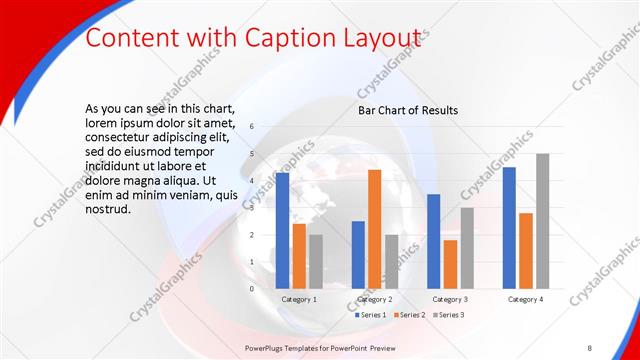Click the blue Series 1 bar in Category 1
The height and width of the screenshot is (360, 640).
[x=282, y=231]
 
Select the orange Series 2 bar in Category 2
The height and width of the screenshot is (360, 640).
[x=374, y=229]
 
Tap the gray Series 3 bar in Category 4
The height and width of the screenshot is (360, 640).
[x=542, y=221]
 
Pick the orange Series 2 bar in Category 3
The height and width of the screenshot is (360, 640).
[x=450, y=264]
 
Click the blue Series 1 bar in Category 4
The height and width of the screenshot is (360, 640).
[x=509, y=228]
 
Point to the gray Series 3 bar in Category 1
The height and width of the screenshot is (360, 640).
[x=315, y=262]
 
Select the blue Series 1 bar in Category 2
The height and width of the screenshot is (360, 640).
[x=358, y=255]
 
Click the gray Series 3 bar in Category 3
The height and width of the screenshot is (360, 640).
[x=466, y=248]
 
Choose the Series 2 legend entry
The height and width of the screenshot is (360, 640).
[x=410, y=315]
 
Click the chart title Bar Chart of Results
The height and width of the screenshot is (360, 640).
[x=408, y=110]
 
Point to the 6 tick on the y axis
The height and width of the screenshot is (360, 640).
[x=251, y=127]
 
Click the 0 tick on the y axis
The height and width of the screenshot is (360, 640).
[x=251, y=289]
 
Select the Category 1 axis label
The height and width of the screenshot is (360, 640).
[x=299, y=299]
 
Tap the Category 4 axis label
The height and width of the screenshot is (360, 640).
[x=525, y=299]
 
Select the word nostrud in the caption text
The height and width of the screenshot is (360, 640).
[x=108, y=210]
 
